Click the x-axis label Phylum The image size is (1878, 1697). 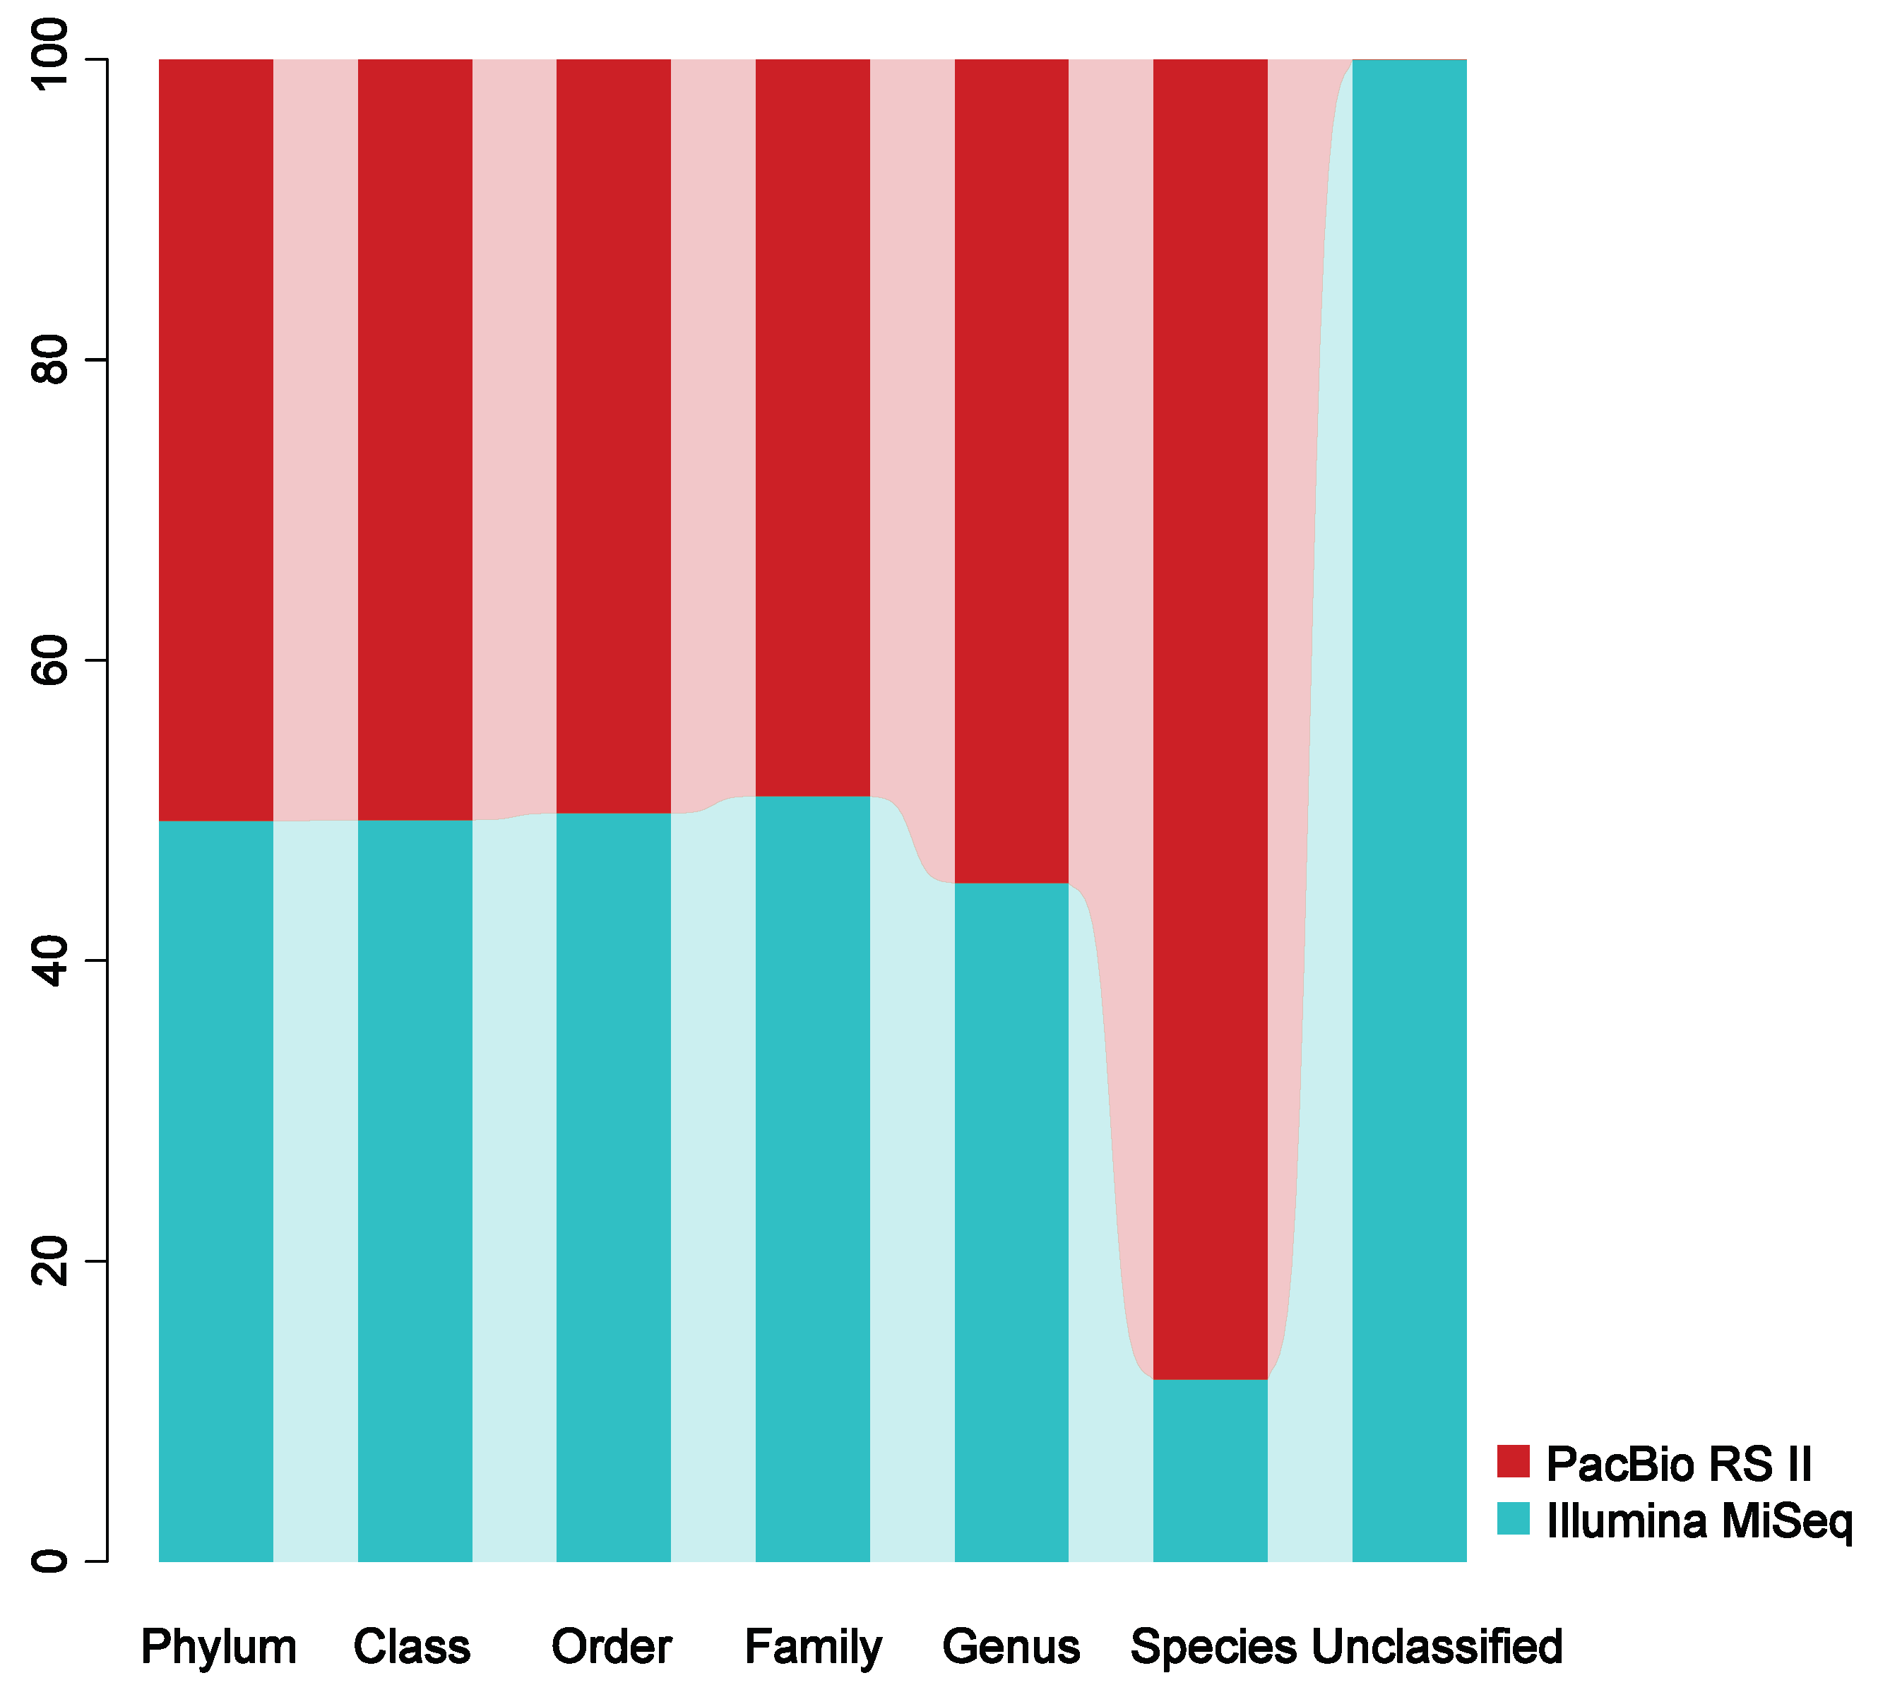point(218,1648)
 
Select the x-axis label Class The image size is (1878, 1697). point(412,1647)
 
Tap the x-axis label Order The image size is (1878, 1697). point(611,1647)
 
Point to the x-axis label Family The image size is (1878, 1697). point(812,1648)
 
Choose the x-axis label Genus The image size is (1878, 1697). point(1011,1647)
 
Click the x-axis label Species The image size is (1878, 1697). point(1213,1648)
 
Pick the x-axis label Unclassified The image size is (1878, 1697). point(1437,1647)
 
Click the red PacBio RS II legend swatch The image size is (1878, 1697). point(1513,1461)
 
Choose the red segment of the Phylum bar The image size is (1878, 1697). point(216,438)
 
